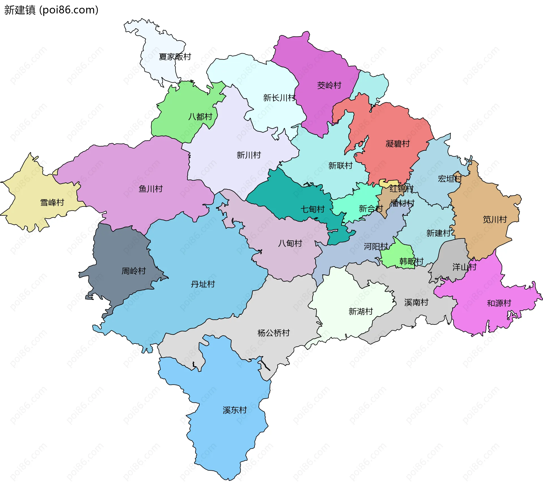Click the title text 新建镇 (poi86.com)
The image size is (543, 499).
pyautogui.click(x=51, y=10)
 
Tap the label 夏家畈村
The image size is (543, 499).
pyautogui.click(x=175, y=57)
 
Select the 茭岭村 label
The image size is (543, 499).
pyautogui.click(x=329, y=85)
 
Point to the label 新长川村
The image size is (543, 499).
pyautogui.click(x=279, y=98)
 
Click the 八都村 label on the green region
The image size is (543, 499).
pyautogui.click(x=200, y=117)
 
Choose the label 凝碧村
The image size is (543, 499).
pyautogui.click(x=398, y=144)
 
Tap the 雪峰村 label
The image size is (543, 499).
pyautogui.click(x=52, y=202)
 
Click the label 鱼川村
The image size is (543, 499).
pyautogui.click(x=151, y=189)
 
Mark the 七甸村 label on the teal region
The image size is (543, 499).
pyautogui.click(x=313, y=209)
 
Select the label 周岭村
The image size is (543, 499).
pyautogui.click(x=133, y=271)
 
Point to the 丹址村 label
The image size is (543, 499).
pyautogui.click(x=203, y=284)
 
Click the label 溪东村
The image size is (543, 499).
pyautogui.click(x=235, y=410)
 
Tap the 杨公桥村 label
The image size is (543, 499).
pyautogui.click(x=273, y=333)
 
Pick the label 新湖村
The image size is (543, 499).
pyautogui.click(x=361, y=312)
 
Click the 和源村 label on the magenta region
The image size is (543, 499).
pyautogui.click(x=499, y=303)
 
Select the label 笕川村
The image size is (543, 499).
pyautogui.click(x=495, y=219)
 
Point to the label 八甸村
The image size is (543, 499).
pyautogui.click(x=290, y=243)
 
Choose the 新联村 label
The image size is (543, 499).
pyautogui.click(x=341, y=166)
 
